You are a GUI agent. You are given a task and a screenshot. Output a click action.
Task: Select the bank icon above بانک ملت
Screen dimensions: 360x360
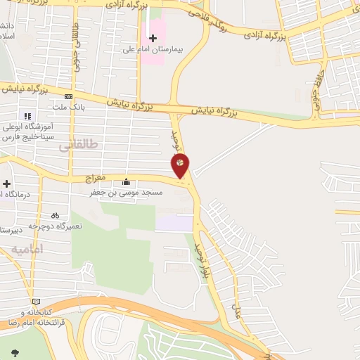click(x=68, y=97)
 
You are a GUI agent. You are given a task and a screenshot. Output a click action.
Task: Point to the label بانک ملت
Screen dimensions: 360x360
click(x=68, y=107)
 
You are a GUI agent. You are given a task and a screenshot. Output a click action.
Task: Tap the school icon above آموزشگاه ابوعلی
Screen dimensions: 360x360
click(x=27, y=116)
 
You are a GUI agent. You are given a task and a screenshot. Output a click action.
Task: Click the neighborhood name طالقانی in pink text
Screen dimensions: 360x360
click(x=79, y=144)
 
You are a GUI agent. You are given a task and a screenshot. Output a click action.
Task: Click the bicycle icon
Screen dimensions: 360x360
click(x=55, y=216)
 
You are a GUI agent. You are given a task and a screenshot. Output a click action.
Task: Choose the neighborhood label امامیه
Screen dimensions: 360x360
click(x=27, y=249)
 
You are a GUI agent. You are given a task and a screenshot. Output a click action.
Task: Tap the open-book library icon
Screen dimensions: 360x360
click(x=36, y=302)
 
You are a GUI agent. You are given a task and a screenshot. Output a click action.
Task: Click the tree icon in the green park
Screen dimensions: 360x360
click(x=15, y=351)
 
